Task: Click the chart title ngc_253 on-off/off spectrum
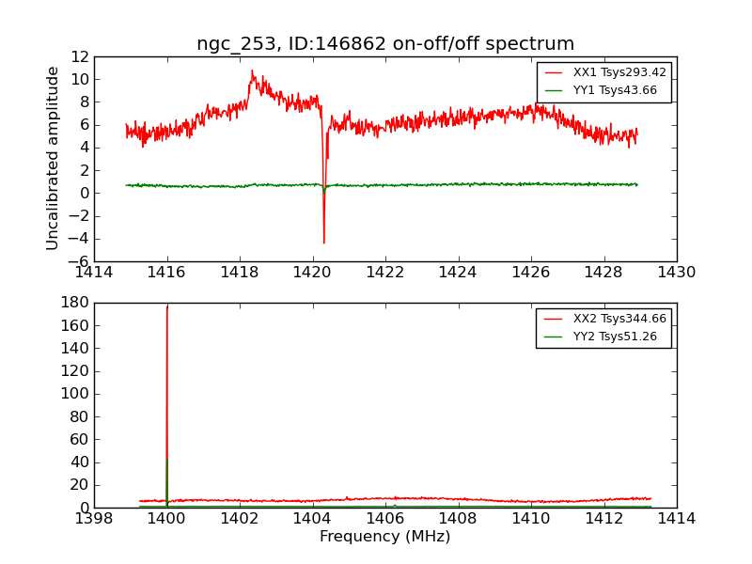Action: click(x=385, y=44)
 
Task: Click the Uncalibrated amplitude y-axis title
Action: click(x=54, y=158)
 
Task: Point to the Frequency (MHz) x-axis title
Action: click(x=385, y=537)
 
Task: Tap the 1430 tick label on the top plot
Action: click(x=676, y=273)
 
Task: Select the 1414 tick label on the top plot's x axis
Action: click(x=94, y=273)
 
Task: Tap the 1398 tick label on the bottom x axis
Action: click(x=94, y=519)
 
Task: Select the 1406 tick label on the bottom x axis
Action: click(x=385, y=519)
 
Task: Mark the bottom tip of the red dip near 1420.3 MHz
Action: click(x=323, y=244)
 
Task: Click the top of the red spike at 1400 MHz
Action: click(x=167, y=306)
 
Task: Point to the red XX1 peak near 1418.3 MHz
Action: click(x=251, y=70)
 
